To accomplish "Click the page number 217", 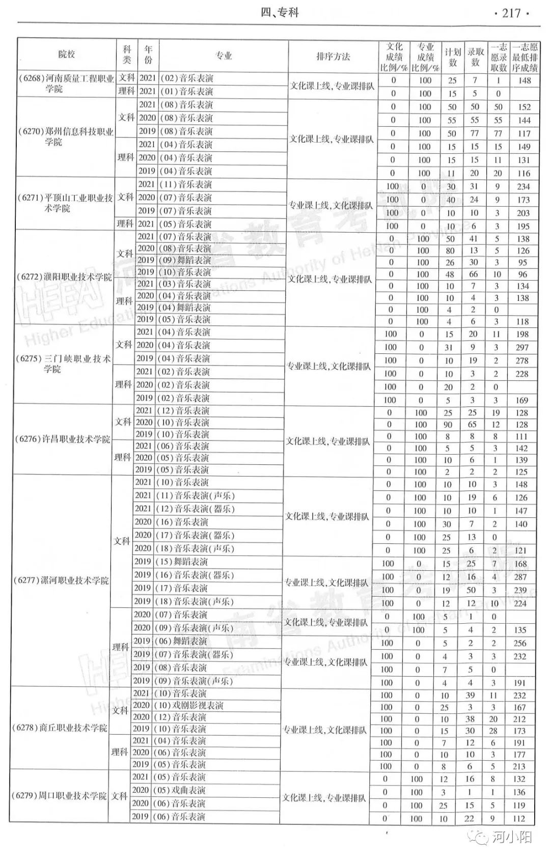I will pos(511,13).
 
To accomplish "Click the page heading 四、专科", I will pos(279,13).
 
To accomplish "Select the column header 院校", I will pos(67,55).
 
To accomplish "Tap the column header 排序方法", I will pos(333,57).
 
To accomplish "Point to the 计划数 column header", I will pos(452,57).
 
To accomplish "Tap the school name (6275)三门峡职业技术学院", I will pos(63,364).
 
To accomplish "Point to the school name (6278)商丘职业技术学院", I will pos(60,728).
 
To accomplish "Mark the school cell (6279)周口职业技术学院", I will pos(59,796).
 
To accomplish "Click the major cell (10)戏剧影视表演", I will pos(188,705).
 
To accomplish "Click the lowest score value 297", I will pos(522,347).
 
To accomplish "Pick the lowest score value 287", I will pos(520,577).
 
